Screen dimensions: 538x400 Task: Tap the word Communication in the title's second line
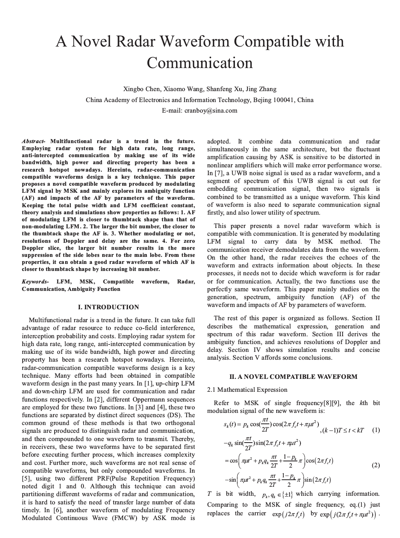pyautogui.click(x=200, y=63)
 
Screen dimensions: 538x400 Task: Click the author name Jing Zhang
pyautogui.click(x=261, y=89)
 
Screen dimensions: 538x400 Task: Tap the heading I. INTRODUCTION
pyautogui.click(x=108, y=307)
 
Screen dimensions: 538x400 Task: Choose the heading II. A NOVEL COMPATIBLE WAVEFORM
pyautogui.click(x=293, y=377)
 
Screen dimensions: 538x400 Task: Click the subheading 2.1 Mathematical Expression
pyautogui.click(x=247, y=390)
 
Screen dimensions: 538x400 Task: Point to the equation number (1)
pyautogui.click(x=376, y=430)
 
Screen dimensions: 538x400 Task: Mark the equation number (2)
pyautogui.click(x=376, y=465)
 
